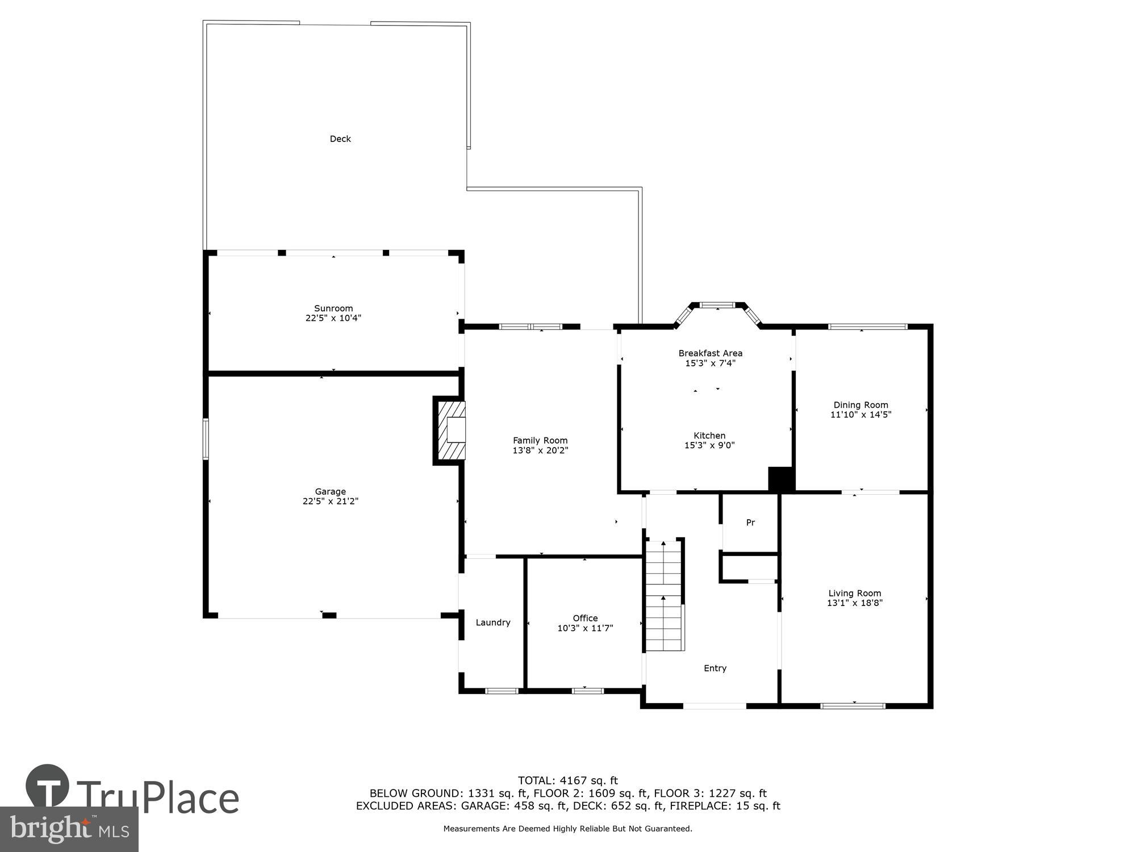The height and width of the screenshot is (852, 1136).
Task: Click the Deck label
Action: [x=340, y=139]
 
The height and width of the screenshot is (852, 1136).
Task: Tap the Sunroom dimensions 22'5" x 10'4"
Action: [x=333, y=318]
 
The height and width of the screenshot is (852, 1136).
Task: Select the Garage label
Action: [x=331, y=491]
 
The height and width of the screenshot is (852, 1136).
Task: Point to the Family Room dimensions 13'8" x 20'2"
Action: [x=540, y=450]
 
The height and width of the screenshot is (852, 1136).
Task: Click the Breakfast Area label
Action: [x=710, y=353]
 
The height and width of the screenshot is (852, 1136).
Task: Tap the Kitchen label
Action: [x=709, y=436]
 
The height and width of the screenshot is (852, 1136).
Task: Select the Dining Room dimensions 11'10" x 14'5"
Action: [x=861, y=415]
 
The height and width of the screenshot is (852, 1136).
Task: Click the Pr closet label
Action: [x=750, y=523]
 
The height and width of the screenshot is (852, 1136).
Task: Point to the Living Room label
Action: [x=854, y=593]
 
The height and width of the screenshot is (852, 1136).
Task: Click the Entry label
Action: [x=715, y=668]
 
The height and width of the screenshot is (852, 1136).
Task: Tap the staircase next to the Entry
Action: [x=663, y=596]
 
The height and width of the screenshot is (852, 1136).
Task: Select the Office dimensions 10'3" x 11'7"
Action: [x=585, y=628]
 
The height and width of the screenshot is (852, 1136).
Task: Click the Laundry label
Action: [x=492, y=623]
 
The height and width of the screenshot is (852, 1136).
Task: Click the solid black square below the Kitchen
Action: [x=780, y=478]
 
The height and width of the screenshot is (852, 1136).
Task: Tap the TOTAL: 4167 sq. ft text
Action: [x=567, y=780]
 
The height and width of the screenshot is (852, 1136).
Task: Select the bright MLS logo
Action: [x=69, y=829]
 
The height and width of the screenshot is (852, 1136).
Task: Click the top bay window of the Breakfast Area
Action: [x=718, y=305]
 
